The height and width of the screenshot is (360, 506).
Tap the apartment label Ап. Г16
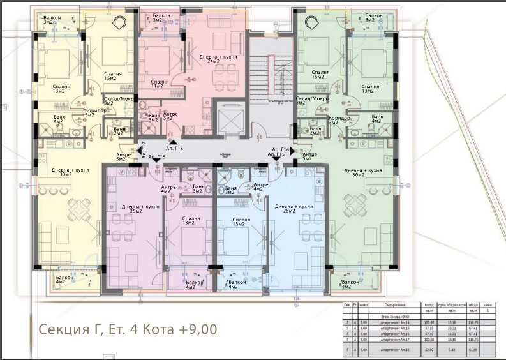pyautogui.click(x=158, y=157)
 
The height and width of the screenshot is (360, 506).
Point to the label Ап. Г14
pyautogui.click(x=280, y=149)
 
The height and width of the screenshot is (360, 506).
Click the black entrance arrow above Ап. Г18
pyautogui.click(x=172, y=140)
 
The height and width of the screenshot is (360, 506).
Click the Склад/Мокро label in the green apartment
pyautogui.click(x=312, y=100)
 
